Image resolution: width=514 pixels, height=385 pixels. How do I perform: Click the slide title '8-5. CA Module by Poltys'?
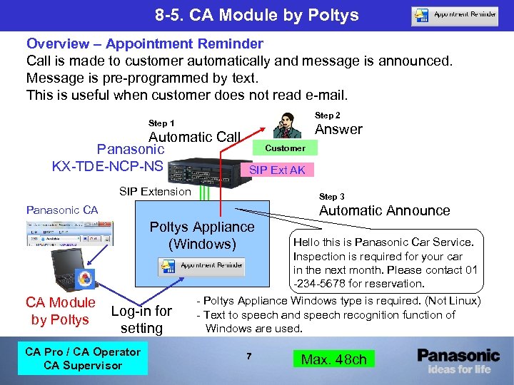pos(257,15)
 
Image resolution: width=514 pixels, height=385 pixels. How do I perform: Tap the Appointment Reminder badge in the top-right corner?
pos(455,15)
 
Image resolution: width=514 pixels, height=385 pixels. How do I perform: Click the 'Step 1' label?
pos(161,123)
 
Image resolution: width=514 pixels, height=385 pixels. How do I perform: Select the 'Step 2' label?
pos(328,115)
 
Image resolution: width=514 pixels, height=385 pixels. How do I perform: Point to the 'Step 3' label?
pos(332,196)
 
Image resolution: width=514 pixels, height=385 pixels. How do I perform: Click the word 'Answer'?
pos(338,129)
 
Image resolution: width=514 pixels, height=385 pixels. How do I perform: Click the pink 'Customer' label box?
pos(285,148)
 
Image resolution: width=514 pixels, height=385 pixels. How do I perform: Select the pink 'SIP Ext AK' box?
pos(276,170)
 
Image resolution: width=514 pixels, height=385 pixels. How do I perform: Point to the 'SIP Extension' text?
pos(155,191)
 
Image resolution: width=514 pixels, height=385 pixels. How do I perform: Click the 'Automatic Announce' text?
pos(384,210)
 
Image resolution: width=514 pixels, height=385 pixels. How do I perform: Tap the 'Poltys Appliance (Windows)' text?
pos(202,235)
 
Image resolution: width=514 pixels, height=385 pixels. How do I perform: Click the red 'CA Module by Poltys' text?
pos(60,311)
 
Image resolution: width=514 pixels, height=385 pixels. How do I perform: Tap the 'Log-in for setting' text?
pos(141,319)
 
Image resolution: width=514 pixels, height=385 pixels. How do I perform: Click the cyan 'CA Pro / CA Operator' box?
pos(83,359)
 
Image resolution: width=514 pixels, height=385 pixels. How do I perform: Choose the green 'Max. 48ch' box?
pos(333,359)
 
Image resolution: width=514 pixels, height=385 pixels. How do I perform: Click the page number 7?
pos(248,355)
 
